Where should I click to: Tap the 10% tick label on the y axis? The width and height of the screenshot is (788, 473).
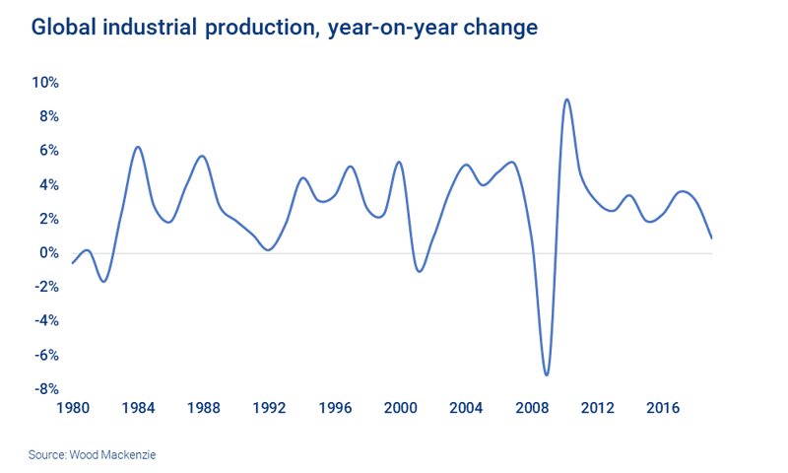pyautogui.click(x=44, y=82)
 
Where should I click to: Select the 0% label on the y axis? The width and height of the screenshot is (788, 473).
pyautogui.click(x=48, y=252)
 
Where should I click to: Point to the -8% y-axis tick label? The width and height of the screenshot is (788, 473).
pyautogui.click(x=45, y=388)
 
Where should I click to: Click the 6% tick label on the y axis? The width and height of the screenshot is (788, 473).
pyautogui.click(x=48, y=150)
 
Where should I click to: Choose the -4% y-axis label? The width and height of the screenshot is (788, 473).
pyautogui.click(x=45, y=320)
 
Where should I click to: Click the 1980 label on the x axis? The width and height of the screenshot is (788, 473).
pyautogui.click(x=72, y=407)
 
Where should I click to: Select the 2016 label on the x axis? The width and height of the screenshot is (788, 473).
pyautogui.click(x=663, y=407)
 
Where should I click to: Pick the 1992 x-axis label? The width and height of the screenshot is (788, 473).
pyautogui.click(x=269, y=407)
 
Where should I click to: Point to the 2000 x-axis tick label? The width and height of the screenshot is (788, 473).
pyautogui.click(x=400, y=407)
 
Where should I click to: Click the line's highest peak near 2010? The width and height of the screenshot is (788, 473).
pyautogui.click(x=566, y=100)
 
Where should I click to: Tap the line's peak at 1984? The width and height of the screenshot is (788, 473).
pyautogui.click(x=138, y=147)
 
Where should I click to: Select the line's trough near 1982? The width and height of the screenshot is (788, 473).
pyautogui.click(x=103, y=281)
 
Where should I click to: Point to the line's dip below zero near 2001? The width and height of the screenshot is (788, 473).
pyautogui.click(x=420, y=271)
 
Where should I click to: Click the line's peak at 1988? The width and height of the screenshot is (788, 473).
pyautogui.click(x=202, y=156)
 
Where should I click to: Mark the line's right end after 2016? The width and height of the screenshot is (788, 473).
pyautogui.click(x=711, y=237)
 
